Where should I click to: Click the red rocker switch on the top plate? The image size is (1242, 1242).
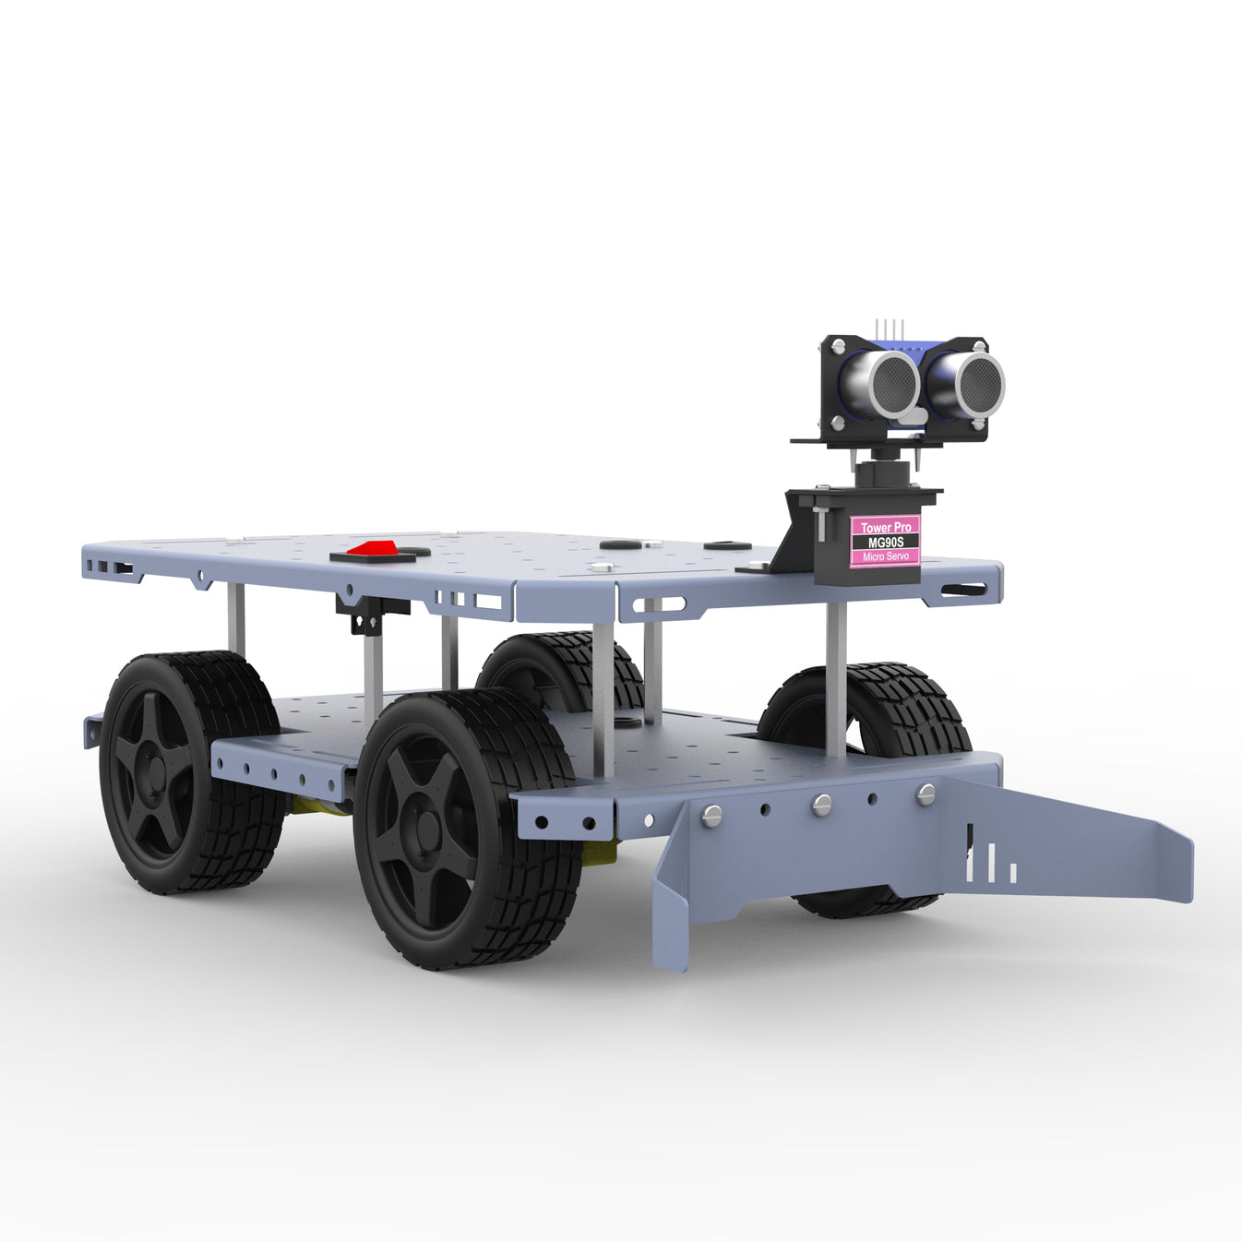(x=374, y=549)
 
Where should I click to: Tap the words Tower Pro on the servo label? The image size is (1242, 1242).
(x=885, y=527)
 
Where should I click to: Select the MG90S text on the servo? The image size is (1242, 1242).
(x=885, y=542)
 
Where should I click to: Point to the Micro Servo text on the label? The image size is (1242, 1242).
(x=885, y=556)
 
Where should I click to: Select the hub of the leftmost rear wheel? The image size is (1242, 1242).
(x=155, y=770)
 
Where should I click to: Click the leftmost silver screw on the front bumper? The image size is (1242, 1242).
(x=711, y=815)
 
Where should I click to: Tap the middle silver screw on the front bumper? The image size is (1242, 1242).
(x=821, y=805)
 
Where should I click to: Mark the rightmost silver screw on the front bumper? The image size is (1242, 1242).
(x=926, y=794)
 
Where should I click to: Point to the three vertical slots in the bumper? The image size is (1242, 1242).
(x=991, y=866)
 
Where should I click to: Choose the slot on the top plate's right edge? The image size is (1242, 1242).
(x=962, y=590)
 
